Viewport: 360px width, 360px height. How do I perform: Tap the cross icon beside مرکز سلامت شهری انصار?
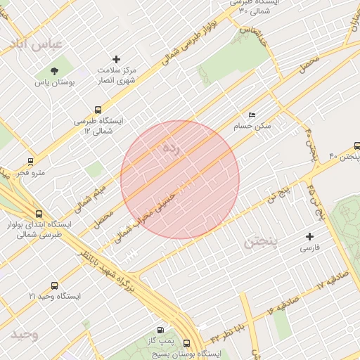point(117,59)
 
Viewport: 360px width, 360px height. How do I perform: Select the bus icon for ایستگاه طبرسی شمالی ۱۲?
point(98,110)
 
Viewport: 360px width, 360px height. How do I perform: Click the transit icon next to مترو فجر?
point(30,161)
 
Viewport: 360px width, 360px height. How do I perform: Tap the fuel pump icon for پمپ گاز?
point(161,330)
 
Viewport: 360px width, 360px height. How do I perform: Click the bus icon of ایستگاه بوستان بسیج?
point(186,343)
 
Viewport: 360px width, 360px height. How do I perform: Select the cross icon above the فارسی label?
point(309,236)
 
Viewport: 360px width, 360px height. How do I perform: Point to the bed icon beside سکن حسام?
point(252,115)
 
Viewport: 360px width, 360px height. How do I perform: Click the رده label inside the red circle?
point(171,148)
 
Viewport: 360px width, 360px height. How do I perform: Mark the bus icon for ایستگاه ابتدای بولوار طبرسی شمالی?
point(39,214)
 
